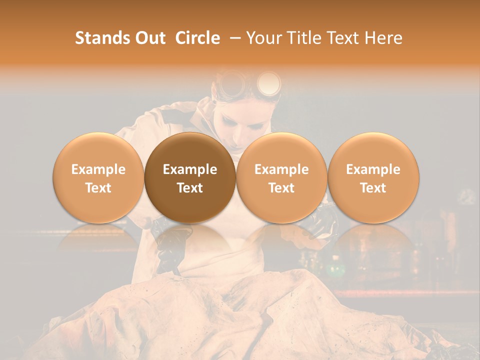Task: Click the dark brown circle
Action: [x=190, y=177]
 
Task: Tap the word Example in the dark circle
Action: [x=190, y=169]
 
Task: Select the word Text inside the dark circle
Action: [x=190, y=188]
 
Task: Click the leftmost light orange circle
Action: [x=98, y=177]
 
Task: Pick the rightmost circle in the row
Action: [x=373, y=177]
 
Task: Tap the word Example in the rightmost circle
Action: [x=373, y=169]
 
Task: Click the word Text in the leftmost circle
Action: [x=98, y=188]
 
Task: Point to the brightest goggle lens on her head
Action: [x=268, y=82]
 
